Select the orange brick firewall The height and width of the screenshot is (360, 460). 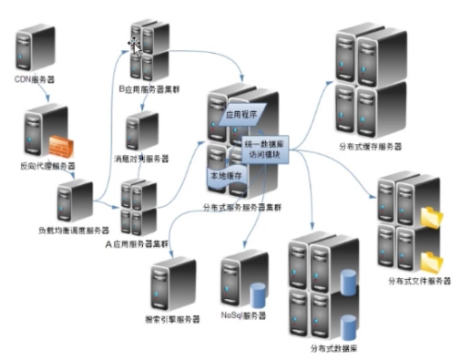coord(61,143)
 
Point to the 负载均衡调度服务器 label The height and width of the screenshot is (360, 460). coord(73,230)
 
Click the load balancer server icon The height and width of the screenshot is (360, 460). coord(74,201)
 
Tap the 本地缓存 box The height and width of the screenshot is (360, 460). coord(223,179)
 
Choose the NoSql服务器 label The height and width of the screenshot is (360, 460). coord(243,315)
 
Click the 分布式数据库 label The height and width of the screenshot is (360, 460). coord(322,345)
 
